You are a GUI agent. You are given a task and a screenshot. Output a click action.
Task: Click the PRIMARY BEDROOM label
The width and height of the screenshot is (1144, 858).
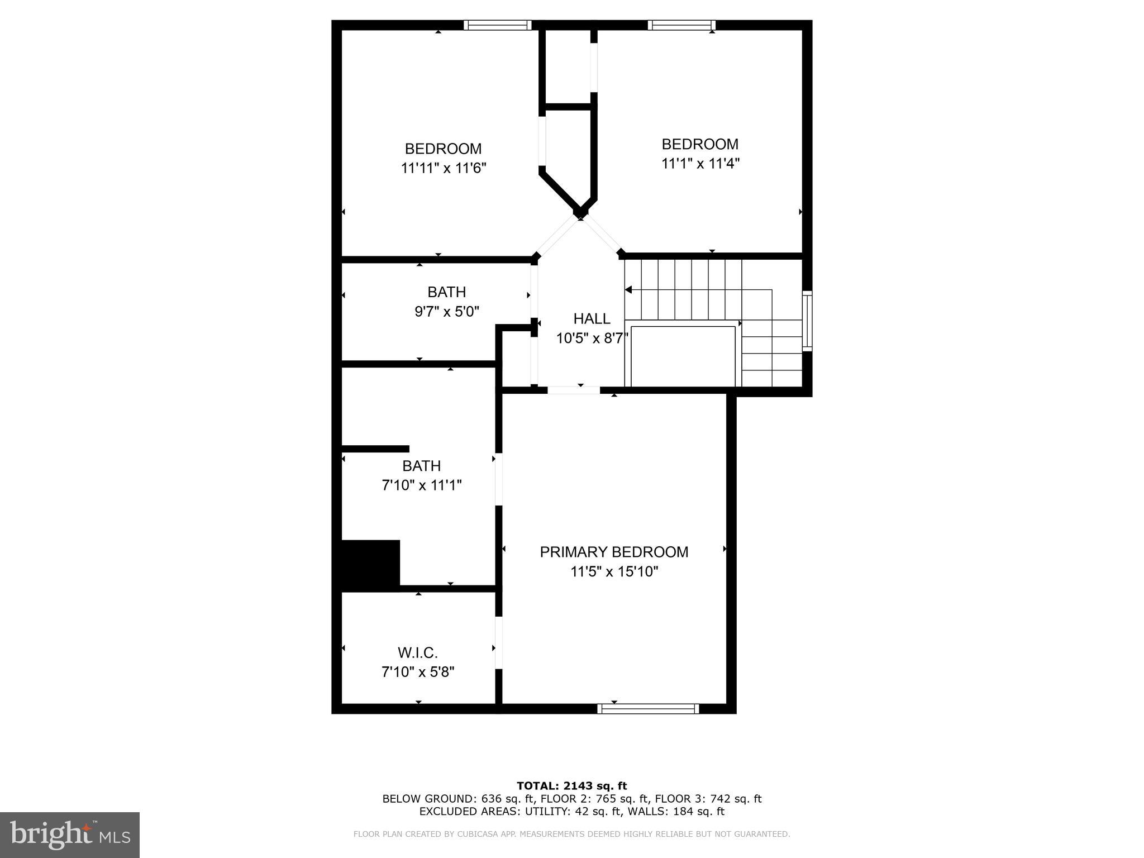(613, 552)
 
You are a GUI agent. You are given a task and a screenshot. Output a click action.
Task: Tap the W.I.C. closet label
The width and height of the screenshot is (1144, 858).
(417, 652)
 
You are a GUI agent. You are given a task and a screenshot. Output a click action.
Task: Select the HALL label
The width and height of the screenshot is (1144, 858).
(592, 319)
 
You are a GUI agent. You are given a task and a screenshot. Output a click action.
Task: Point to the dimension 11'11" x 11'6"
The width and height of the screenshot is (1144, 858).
(444, 168)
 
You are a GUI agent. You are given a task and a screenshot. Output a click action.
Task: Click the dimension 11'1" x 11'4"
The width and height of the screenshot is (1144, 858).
(700, 164)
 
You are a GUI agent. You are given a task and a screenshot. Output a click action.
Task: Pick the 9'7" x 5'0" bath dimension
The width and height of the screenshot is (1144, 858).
(446, 312)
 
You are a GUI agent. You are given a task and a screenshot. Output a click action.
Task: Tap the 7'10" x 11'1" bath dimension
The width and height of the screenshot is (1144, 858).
(421, 485)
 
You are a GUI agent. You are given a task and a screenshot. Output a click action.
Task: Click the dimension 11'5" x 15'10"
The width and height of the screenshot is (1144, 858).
(614, 571)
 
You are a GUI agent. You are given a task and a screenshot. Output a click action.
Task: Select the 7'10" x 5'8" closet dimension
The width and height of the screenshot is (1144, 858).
(417, 672)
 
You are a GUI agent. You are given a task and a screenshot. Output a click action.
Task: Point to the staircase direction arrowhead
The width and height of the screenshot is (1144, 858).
(628, 289)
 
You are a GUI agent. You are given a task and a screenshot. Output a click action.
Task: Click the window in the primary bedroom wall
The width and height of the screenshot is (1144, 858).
(648, 708)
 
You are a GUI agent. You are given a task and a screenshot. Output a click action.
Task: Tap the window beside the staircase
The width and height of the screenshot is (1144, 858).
(807, 321)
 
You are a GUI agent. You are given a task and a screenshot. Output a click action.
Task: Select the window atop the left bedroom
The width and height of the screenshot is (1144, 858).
(497, 25)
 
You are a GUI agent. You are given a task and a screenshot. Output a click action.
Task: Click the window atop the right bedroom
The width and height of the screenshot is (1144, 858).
(681, 25)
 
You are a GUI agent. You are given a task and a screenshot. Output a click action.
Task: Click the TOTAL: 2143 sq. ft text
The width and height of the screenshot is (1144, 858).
(571, 786)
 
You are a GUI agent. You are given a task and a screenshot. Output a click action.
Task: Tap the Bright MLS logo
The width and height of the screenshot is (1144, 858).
(70, 835)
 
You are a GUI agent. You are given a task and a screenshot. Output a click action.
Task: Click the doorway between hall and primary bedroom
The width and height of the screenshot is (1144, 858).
(574, 390)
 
